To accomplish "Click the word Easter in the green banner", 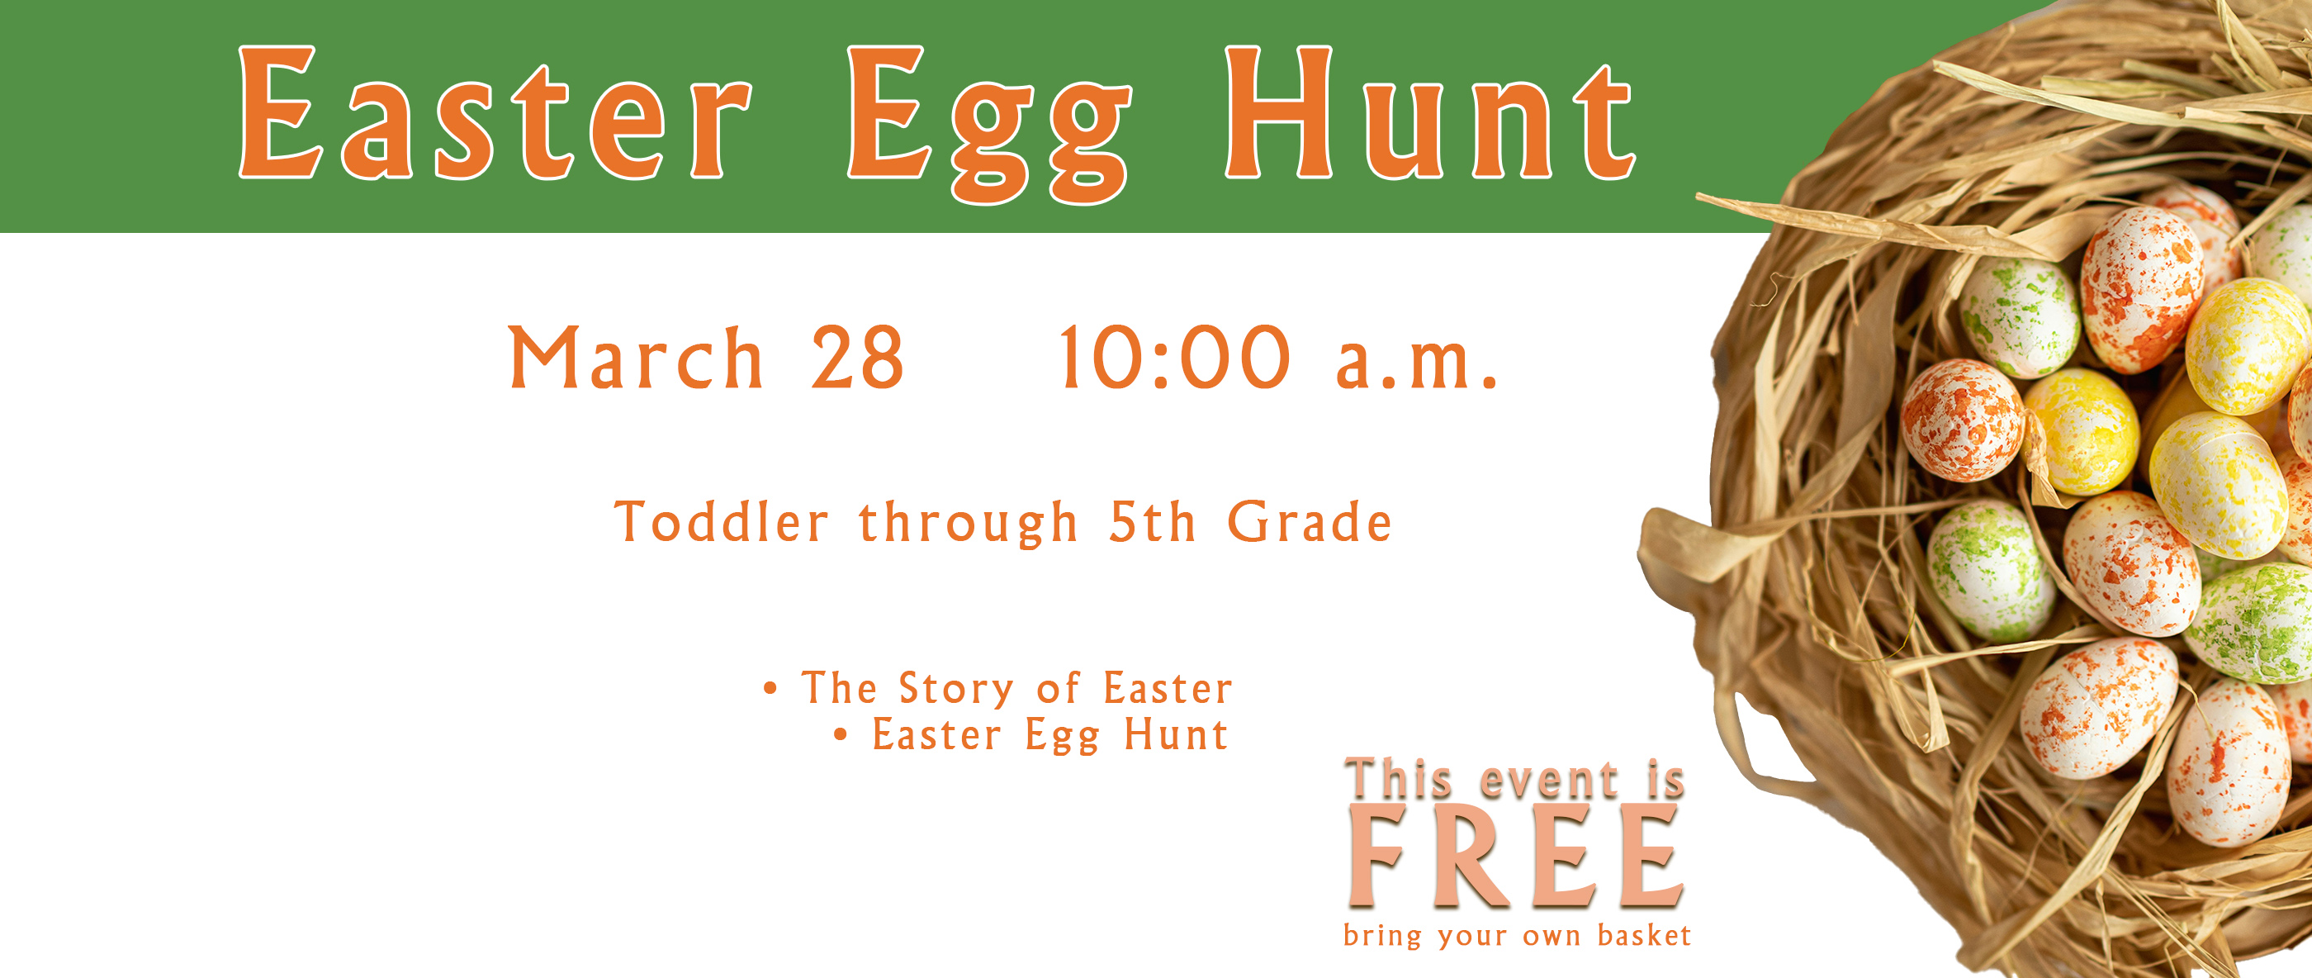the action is tap(495, 112).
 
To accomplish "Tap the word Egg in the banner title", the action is tap(988, 124).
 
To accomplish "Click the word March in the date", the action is tap(636, 358).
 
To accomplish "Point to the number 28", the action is tap(857, 358).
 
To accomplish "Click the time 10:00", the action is tap(1175, 358).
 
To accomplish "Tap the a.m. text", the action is tap(1416, 363).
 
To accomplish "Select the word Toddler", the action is tap(721, 522).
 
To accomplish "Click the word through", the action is tap(968, 524).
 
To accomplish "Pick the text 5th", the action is tap(1153, 522).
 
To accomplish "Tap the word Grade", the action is tap(1310, 522).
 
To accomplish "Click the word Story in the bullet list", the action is tap(956, 690).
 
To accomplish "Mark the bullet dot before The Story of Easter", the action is tap(770, 690).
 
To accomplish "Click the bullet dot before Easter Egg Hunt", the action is tap(841, 735).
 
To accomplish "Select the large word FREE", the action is tap(1515, 855).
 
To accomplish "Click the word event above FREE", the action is tap(1548, 780).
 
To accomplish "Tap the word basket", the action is tap(1644, 935).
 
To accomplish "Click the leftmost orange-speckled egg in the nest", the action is tap(1962, 420).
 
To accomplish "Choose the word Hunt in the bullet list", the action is tap(1176, 734).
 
